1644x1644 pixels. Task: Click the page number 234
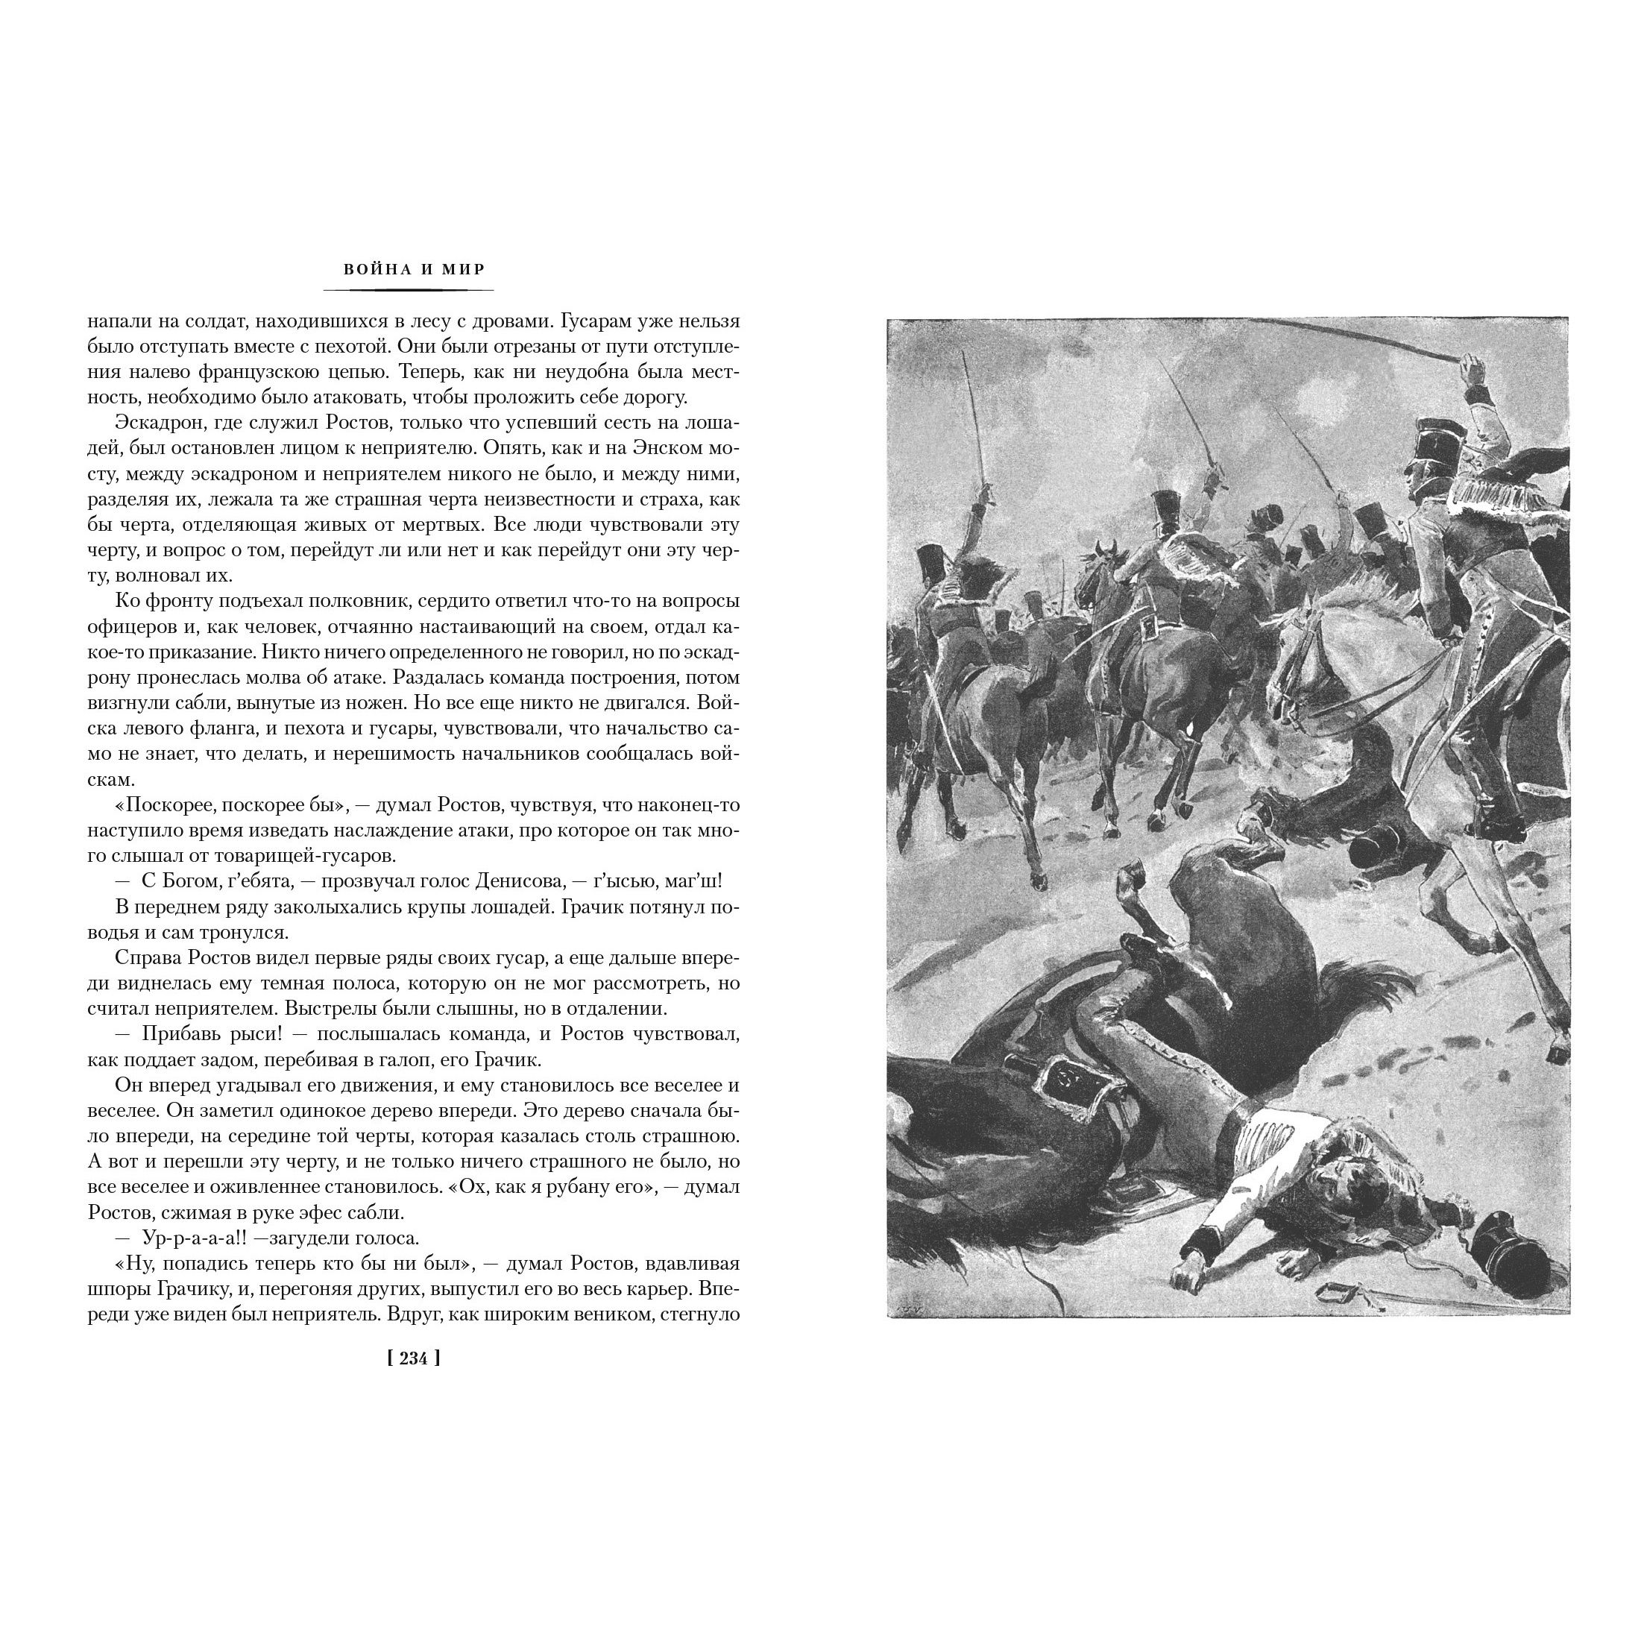coord(414,1359)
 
